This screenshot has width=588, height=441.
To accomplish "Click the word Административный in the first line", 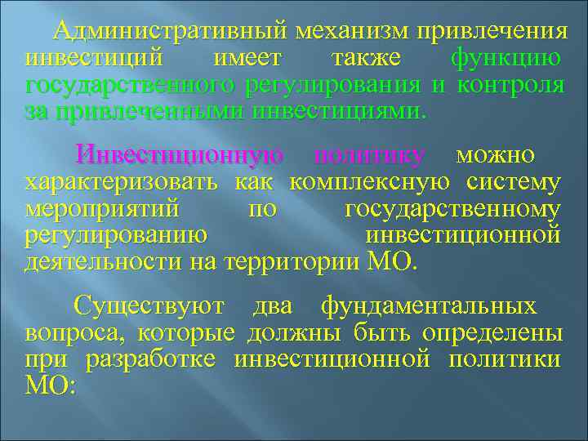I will [171, 33].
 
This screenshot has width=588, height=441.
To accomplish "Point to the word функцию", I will [506, 59].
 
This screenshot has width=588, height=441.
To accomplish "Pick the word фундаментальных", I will [429, 307].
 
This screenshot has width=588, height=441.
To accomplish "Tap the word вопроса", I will [73, 333].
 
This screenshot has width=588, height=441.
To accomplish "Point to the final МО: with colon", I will [50, 385].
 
